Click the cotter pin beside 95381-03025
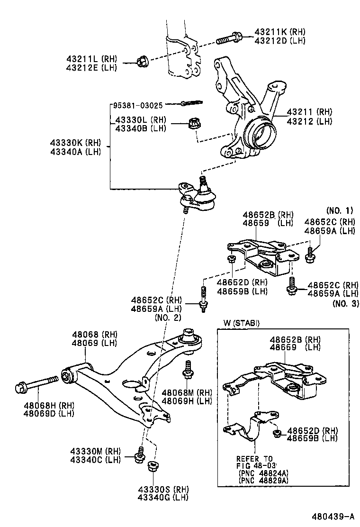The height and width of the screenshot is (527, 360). coord(191,102)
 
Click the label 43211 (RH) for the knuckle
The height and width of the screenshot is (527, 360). coord(310,112)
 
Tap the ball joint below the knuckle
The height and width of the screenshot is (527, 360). coord(199,196)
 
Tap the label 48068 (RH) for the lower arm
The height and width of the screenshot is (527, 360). coord(94,334)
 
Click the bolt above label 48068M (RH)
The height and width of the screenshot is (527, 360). coord(188,370)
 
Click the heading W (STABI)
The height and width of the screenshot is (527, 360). coord(242,323)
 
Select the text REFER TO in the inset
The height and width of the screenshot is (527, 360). coord(254,459)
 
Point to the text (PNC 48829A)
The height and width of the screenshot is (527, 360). coord(264,480)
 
